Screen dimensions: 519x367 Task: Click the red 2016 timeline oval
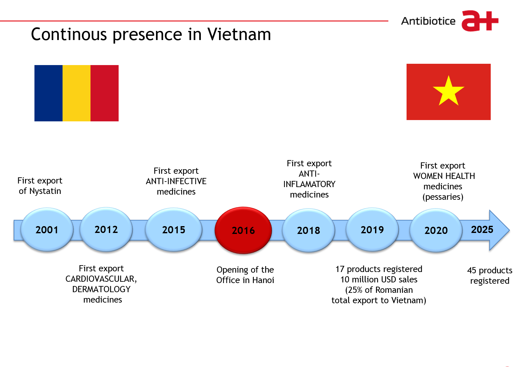[x=243, y=230]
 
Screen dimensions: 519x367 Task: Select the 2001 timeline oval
[x=47, y=229]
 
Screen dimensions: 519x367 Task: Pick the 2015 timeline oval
[x=174, y=229]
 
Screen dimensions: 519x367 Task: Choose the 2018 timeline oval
[x=308, y=230]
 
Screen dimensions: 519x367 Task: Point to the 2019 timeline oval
[x=372, y=229]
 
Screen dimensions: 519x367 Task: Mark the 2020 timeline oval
[x=436, y=230]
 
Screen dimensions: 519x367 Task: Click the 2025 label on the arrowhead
[x=482, y=229]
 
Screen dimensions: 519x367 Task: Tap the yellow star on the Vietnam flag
[x=448, y=91]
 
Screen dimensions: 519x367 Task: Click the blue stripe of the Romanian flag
[x=48, y=93]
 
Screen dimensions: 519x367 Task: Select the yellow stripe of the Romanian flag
[x=76, y=93]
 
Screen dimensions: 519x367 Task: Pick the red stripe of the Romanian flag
[x=105, y=93]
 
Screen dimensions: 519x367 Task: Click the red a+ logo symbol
[x=480, y=20]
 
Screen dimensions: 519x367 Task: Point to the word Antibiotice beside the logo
[x=428, y=21]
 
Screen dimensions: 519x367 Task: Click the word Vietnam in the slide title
[x=239, y=34]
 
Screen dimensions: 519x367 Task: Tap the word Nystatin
[x=45, y=191]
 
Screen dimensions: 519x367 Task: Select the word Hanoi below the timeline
[x=263, y=280]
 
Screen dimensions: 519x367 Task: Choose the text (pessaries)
[x=443, y=197]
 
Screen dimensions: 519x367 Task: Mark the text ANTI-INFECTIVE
[x=176, y=181]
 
